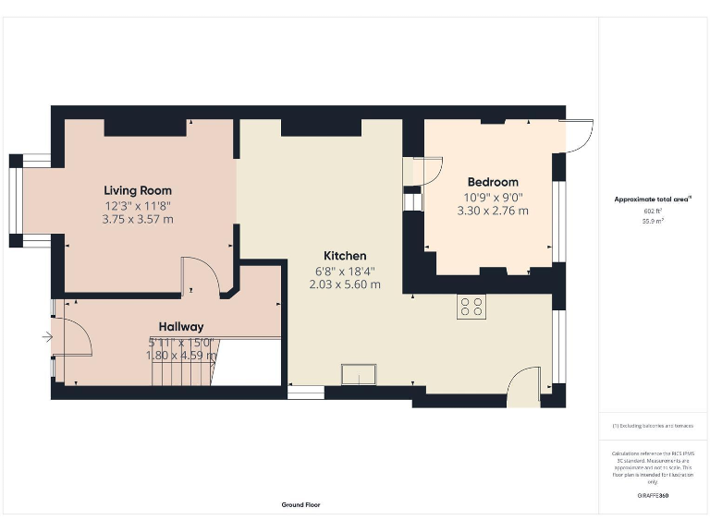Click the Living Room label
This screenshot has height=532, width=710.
138,190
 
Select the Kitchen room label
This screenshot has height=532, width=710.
345,256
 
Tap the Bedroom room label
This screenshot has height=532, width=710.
492,182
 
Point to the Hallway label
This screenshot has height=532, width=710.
181,326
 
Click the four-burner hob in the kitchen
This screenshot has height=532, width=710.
471,307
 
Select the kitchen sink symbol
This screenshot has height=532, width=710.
359,374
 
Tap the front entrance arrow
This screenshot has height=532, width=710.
46,338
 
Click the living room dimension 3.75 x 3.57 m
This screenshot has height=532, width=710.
138,220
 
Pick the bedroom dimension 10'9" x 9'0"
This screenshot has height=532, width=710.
493,197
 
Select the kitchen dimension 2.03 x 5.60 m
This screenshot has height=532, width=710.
345,284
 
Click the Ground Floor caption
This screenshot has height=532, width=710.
300,505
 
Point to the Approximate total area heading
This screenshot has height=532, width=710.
653,199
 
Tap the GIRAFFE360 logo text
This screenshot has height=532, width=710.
653,496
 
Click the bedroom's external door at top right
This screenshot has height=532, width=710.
578,137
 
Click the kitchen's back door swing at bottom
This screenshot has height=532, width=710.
524,386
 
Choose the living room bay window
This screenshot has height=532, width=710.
18,201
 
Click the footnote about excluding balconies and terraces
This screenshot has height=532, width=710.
653,426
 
